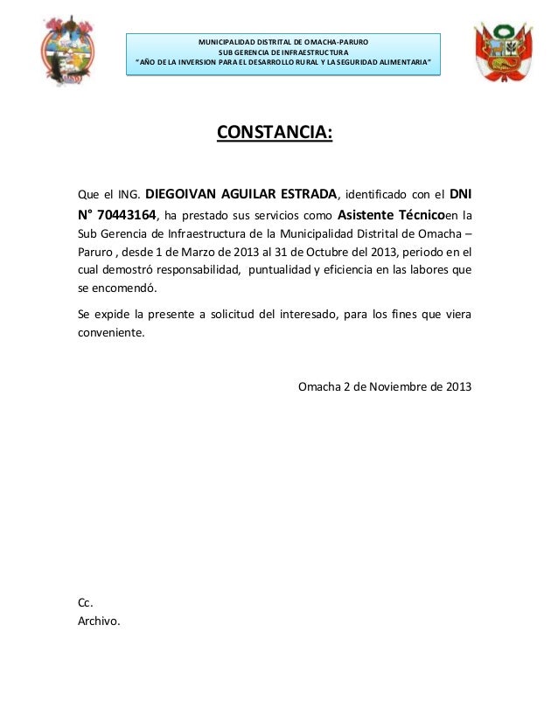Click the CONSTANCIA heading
pyautogui.click(x=275, y=133)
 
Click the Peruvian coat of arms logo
pyautogui.click(x=504, y=52)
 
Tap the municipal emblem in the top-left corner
pyautogui.click(x=63, y=52)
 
